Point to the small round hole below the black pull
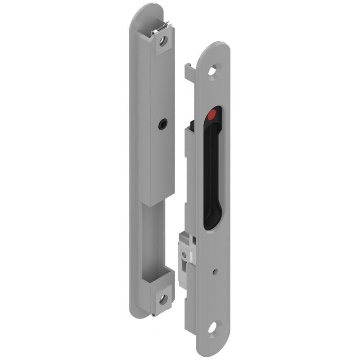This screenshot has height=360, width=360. [x=214, y=271]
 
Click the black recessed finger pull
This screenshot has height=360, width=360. [x=212, y=171]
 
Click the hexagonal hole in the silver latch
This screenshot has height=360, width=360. [x=184, y=255]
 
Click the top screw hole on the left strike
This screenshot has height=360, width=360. [x=164, y=41]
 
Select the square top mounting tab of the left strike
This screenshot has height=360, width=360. [x=164, y=43]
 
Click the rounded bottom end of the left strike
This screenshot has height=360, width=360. [x=142, y=313]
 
